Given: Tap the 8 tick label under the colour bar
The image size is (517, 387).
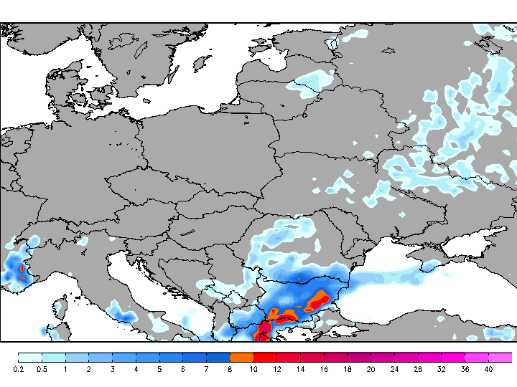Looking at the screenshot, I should click(x=229, y=369).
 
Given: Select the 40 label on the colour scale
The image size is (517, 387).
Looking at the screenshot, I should click(x=488, y=369).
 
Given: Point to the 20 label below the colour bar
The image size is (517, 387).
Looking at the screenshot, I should click(x=370, y=369).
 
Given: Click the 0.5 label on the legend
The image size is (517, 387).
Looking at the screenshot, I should click(x=42, y=369).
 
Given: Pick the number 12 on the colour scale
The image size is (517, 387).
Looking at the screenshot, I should click(x=276, y=369).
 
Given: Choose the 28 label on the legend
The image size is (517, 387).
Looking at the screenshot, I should click(x=417, y=369).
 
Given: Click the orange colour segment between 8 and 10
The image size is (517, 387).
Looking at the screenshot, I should click(x=241, y=357).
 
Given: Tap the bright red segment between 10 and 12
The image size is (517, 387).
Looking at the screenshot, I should click(x=265, y=357).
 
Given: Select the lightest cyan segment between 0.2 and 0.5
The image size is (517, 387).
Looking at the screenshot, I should click(x=29, y=357).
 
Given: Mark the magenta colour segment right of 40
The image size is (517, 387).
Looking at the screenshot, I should click(x=500, y=357).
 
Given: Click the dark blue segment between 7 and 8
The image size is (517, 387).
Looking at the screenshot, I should click(x=218, y=357).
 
